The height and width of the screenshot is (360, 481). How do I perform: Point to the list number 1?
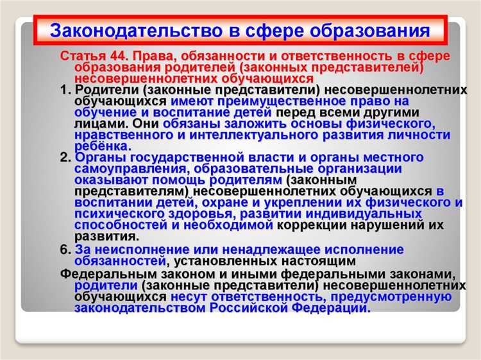64,90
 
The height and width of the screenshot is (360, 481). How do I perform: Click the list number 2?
64,158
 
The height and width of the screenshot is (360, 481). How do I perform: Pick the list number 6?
64,249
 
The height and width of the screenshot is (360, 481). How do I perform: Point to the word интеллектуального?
249,135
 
